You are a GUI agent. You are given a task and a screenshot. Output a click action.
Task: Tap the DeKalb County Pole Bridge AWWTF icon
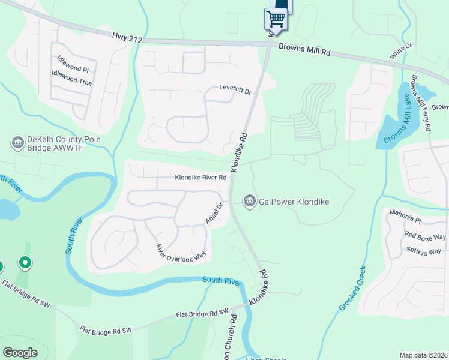pos(17,142)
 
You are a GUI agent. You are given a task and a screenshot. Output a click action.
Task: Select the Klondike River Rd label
pos(200,178)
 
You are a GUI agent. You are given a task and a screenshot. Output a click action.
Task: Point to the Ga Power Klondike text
pos(294,202)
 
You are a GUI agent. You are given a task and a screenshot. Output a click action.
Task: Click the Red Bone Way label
pos(426,236)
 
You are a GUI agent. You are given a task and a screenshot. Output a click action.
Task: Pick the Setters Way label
pos(424,250)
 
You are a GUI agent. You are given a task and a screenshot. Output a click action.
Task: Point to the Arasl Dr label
pos(214,213)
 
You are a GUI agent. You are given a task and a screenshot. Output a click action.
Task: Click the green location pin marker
pos(25,262)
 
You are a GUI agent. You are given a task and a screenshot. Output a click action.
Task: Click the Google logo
pos(20,352)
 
